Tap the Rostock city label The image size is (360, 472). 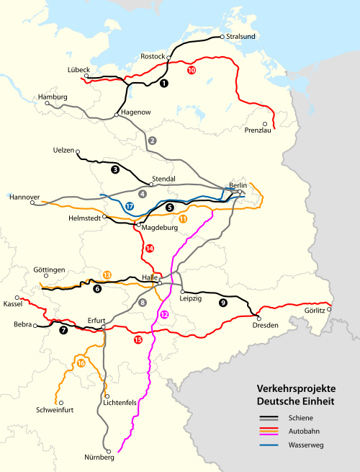[x=153, y=56]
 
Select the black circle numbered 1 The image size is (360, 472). [x=164, y=84]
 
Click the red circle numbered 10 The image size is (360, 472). [x=191, y=71]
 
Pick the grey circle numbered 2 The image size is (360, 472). [x=152, y=140]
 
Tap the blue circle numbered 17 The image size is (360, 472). [x=129, y=206]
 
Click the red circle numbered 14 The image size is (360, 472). [x=149, y=249]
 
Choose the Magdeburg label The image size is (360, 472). [x=160, y=228]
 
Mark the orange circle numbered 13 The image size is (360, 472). [x=107, y=275]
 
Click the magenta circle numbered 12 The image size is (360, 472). [x=164, y=314]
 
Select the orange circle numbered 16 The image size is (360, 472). [x=81, y=363]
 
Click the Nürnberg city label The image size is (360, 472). [x=99, y=458]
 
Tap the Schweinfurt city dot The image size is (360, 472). [x=61, y=403]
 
